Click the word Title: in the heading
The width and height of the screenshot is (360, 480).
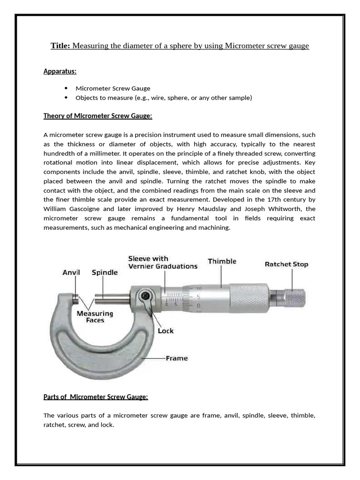point(60,46)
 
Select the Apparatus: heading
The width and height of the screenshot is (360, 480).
point(60,71)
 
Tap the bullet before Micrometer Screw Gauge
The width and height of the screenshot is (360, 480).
point(66,88)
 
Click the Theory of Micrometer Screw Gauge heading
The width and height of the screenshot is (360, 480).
point(97,116)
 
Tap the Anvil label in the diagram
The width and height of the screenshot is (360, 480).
point(71,272)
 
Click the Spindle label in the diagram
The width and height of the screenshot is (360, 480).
point(105,272)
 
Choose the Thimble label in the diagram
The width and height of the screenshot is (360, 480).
point(222,262)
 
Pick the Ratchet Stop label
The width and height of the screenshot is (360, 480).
point(286,264)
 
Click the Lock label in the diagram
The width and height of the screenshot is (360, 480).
point(165,331)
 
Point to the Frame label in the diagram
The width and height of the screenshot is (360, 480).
point(177,358)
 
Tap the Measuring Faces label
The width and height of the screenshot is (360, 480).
point(95,316)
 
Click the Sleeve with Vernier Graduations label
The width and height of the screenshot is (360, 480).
point(163,262)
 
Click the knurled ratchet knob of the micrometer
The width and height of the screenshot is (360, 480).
point(295,297)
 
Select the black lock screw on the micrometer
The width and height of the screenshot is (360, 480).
point(146,296)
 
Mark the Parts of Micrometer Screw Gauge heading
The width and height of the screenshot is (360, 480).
point(96,397)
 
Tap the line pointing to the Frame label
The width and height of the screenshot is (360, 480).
point(153,359)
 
